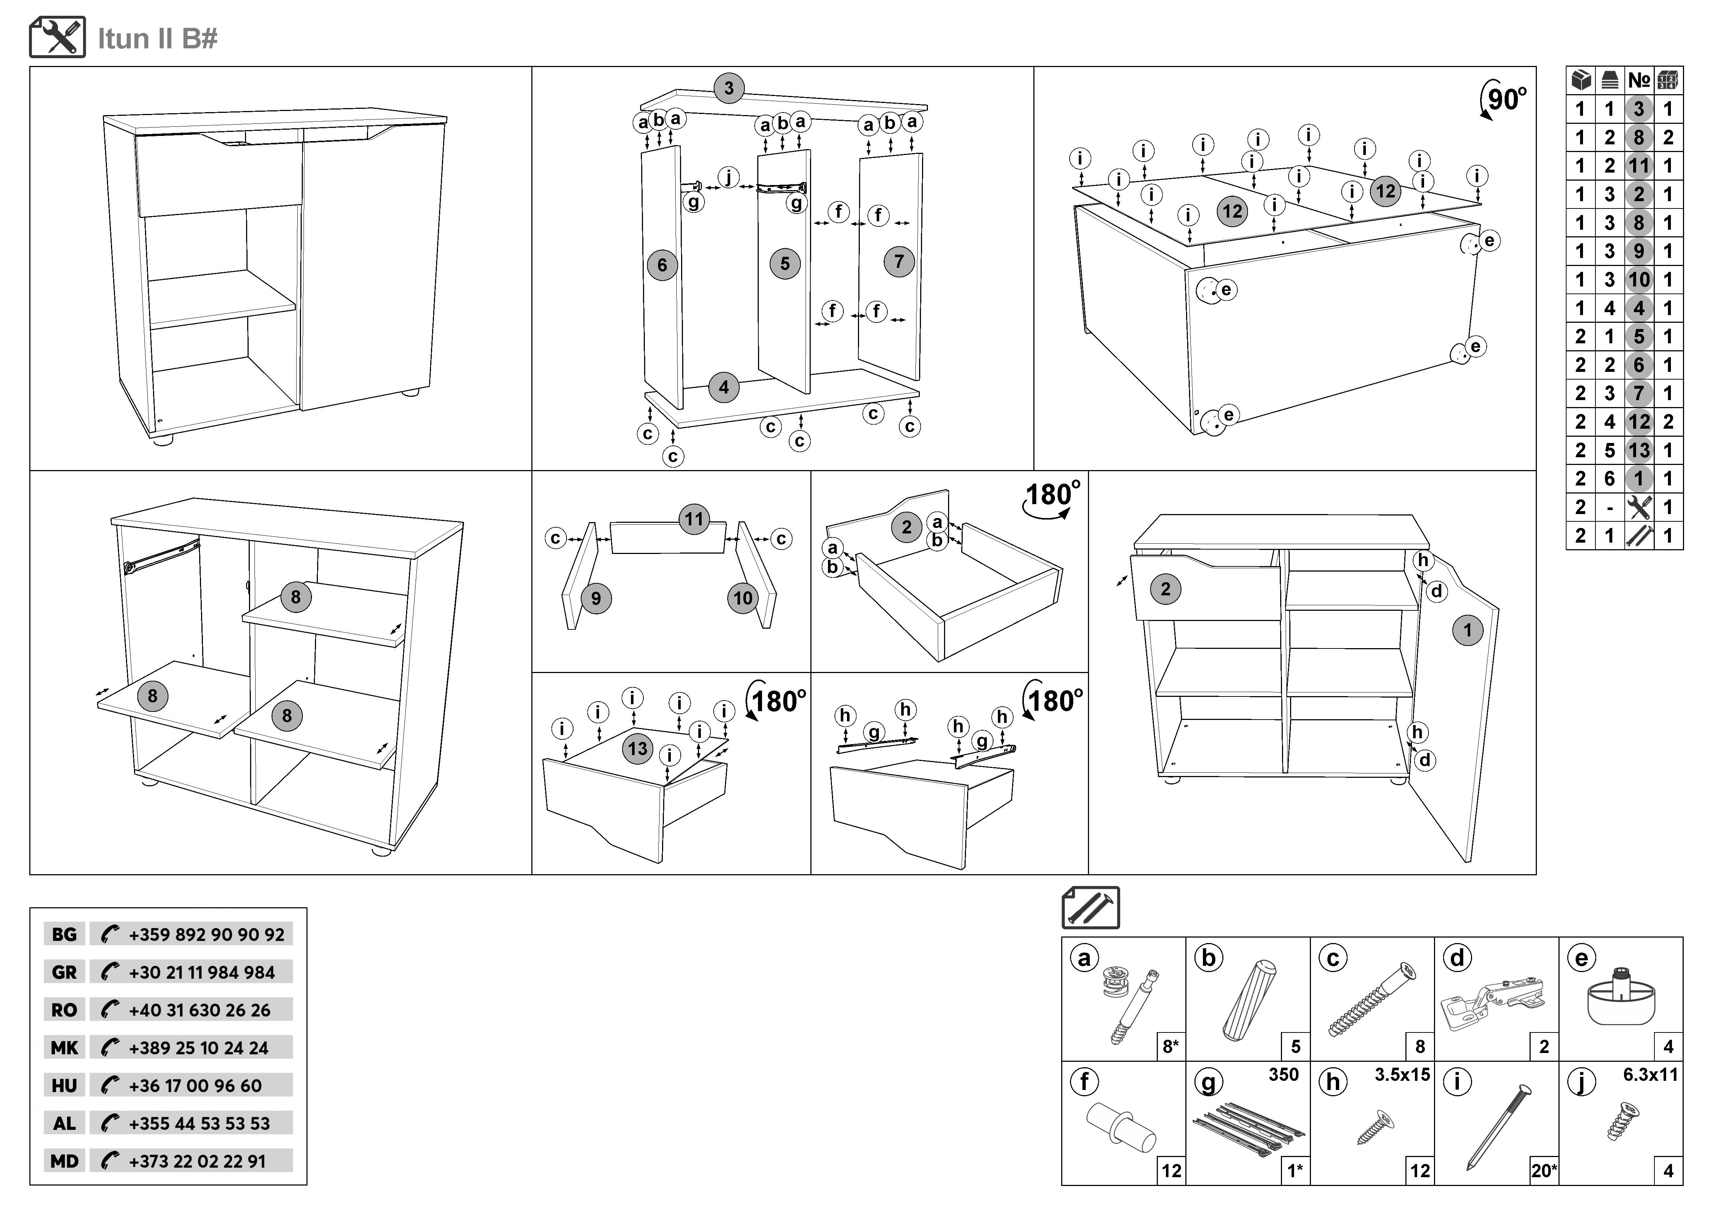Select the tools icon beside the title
tap(57, 37)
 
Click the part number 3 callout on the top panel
tap(729, 88)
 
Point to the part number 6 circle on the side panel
tap(662, 265)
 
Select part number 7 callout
tap(899, 261)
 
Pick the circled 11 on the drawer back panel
tap(694, 519)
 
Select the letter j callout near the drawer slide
tap(728, 178)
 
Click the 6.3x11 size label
tap(1650, 1075)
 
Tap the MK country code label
tap(64, 1048)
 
